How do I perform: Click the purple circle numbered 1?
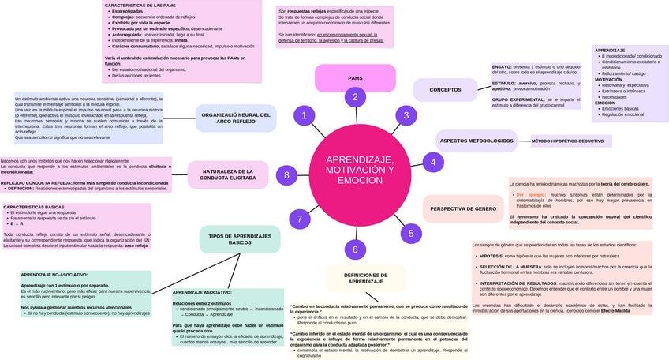point(304,116)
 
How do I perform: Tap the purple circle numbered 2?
point(355,97)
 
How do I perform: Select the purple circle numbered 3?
point(406,116)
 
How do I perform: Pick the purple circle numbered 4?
point(432,163)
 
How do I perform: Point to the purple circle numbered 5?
point(410,233)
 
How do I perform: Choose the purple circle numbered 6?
point(355,249)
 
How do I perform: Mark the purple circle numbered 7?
point(299,219)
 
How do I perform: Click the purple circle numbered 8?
point(287,175)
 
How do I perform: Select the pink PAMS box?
point(355,78)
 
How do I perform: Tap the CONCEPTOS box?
point(445,90)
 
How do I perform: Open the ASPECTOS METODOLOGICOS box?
point(476,141)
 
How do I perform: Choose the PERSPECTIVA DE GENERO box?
point(463,208)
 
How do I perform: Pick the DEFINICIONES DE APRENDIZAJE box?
point(365,278)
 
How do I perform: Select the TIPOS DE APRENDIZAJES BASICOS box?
point(239,239)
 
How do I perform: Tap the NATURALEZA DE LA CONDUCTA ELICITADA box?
point(227,174)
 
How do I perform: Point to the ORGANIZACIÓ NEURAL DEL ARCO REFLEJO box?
point(236,118)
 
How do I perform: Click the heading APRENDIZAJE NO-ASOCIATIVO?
point(54,275)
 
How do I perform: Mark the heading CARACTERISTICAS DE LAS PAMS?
point(140,5)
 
